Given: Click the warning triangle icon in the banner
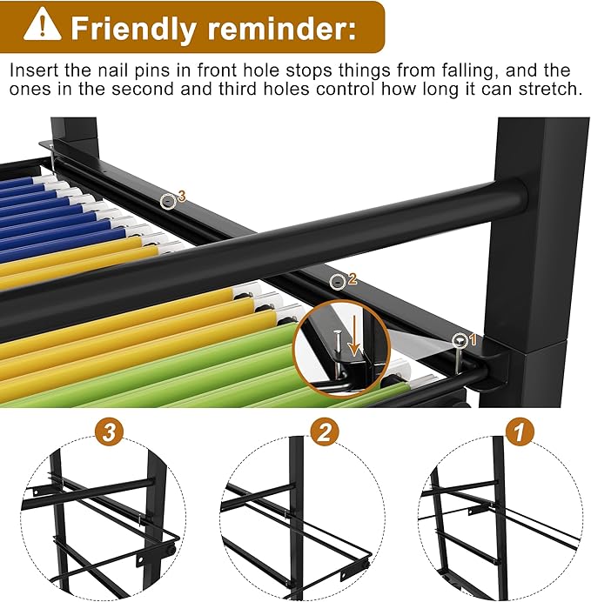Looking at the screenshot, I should pos(43,25).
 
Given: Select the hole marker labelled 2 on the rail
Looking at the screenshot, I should pos(338,280).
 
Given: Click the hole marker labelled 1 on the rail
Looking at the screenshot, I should pos(459,340).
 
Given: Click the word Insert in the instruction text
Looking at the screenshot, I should pos(32,70).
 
